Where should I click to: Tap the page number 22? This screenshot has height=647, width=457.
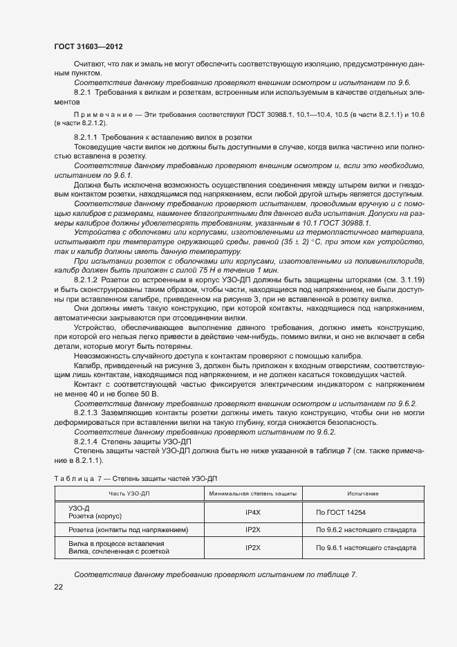click(x=59, y=587)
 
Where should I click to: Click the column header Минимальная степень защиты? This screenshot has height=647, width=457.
click(x=252, y=493)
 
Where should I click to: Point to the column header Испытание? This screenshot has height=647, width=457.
click(x=366, y=493)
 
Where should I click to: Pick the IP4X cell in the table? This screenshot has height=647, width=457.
click(x=252, y=512)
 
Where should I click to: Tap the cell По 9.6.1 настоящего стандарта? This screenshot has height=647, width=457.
click(x=366, y=547)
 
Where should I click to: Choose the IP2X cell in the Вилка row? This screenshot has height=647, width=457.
click(x=252, y=547)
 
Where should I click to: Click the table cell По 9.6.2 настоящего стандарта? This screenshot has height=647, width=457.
click(x=366, y=530)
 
